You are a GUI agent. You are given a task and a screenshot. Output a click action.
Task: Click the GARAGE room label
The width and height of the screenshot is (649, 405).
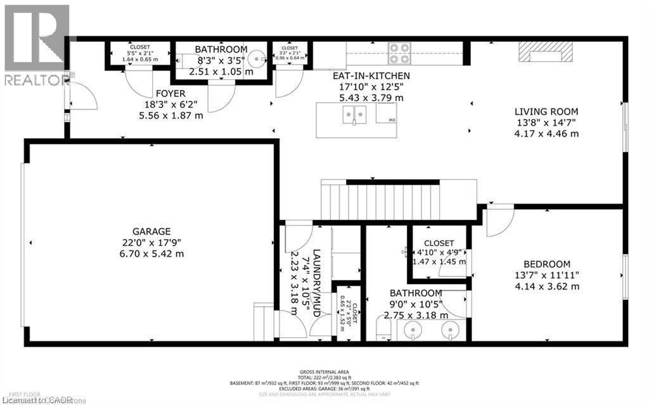pos(151,231)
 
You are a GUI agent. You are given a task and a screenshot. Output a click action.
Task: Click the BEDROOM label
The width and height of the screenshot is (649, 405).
pos(546,264)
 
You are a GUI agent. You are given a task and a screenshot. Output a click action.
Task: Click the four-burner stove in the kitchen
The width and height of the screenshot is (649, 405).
pos(399,53)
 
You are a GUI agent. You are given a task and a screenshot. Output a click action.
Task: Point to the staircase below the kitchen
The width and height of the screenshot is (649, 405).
pos(380,200)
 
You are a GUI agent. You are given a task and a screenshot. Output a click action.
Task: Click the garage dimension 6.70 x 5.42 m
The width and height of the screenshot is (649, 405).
pos(151,254)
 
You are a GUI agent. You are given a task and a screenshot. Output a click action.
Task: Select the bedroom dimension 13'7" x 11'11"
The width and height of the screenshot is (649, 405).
pos(546,275)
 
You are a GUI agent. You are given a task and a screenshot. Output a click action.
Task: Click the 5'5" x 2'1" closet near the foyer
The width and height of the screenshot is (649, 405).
pos(140,54)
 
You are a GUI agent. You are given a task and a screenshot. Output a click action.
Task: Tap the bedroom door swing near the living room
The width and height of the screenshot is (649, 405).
pos(499,221)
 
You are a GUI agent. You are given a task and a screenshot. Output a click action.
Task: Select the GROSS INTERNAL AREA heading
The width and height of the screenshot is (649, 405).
pos(324,372)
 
